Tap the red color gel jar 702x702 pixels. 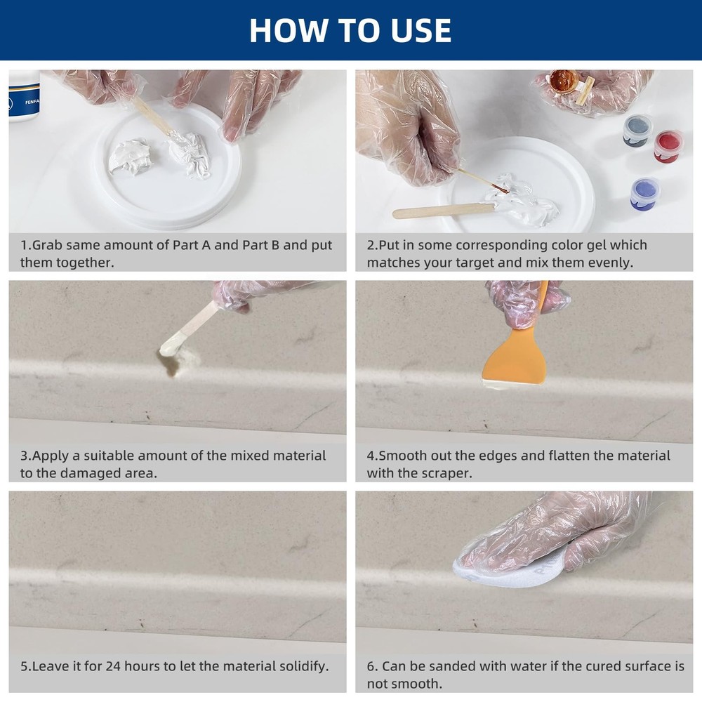(668, 146)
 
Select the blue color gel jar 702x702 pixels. (644, 194)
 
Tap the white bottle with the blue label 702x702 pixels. (24, 95)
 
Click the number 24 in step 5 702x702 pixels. (113, 666)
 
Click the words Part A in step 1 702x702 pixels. (191, 245)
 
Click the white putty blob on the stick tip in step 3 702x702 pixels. (169, 347)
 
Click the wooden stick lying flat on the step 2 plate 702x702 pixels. (444, 211)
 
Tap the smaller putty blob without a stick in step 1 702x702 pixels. (130, 157)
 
